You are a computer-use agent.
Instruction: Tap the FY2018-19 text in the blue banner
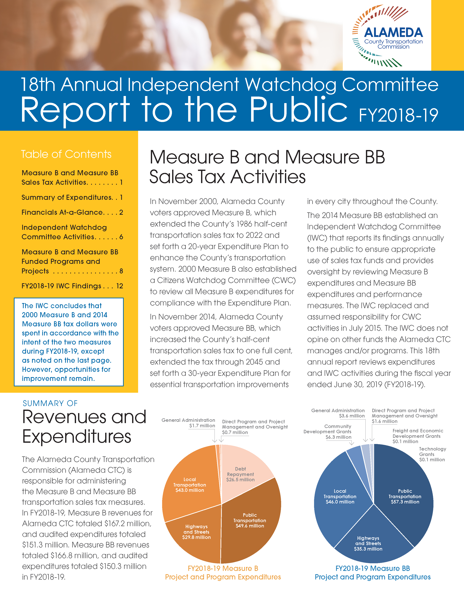pyautogui.click(x=398, y=115)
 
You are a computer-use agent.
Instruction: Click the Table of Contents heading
pyautogui.click(x=66, y=154)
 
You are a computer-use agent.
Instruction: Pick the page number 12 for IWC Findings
pyautogui.click(x=120, y=286)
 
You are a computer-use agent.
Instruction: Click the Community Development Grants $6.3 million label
pyautogui.click(x=327, y=432)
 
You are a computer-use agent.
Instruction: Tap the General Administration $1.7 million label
pyautogui.click(x=188, y=423)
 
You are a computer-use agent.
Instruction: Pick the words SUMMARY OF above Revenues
pyautogui.click(x=50, y=403)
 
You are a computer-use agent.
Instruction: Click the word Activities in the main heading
pyautogui.click(x=268, y=177)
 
